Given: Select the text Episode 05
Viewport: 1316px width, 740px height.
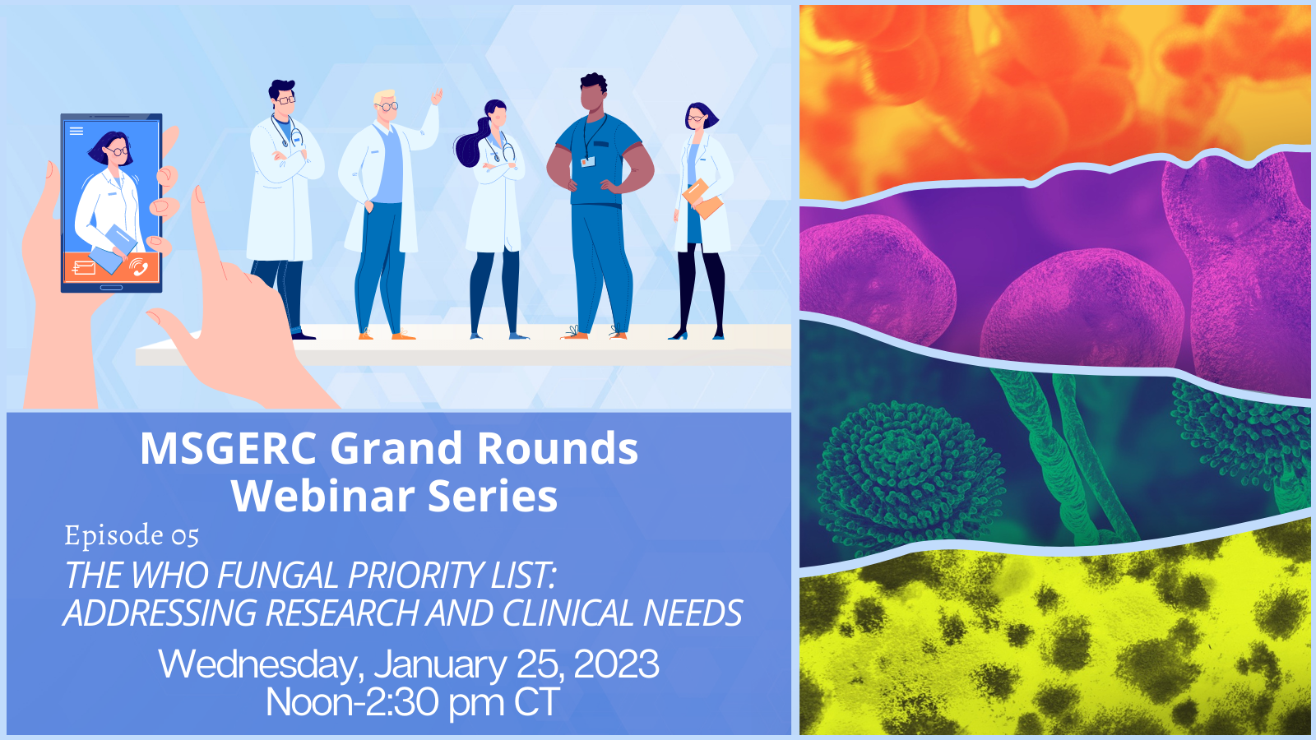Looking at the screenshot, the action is [132, 535].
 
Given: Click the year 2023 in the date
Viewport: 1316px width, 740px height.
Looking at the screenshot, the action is [616, 664].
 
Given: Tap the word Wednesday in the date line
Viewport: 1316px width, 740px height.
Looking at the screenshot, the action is [258, 665].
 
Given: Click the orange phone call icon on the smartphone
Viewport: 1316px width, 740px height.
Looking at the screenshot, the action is [139, 266].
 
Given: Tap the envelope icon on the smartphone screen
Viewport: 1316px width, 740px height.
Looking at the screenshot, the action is [83, 268].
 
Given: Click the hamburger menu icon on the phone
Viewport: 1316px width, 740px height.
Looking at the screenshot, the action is [76, 131].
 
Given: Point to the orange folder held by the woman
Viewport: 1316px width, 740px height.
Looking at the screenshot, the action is [702, 199].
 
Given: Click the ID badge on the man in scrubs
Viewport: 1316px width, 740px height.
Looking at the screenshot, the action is [587, 161].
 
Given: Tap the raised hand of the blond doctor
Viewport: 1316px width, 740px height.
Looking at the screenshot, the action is [437, 96].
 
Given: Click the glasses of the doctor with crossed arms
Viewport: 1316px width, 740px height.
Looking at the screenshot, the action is [286, 99].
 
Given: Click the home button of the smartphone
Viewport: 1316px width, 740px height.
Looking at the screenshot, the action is [111, 287].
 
